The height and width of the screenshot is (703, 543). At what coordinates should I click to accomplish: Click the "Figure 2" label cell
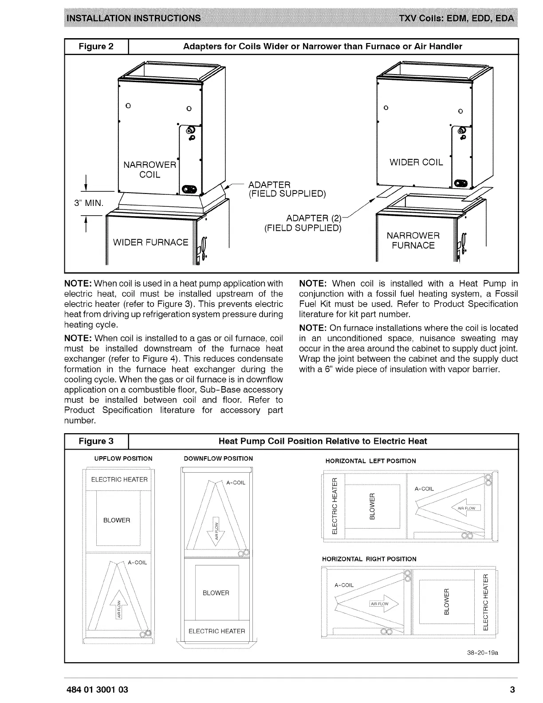click(96, 47)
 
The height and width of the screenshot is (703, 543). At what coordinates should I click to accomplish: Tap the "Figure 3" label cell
click(96, 441)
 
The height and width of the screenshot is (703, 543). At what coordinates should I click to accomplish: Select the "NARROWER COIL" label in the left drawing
click(150, 170)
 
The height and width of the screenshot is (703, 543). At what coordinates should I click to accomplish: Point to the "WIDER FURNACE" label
click(151, 242)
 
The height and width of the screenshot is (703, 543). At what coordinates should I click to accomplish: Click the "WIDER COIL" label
click(416, 162)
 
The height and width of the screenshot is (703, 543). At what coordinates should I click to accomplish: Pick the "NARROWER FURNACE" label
click(413, 241)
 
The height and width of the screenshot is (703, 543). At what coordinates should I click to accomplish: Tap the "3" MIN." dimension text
click(89, 203)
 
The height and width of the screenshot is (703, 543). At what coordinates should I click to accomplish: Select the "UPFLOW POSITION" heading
click(123, 458)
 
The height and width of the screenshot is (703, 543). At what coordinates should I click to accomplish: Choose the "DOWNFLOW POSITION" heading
click(218, 458)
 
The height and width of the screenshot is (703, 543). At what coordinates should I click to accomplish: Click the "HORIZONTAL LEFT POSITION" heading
click(371, 461)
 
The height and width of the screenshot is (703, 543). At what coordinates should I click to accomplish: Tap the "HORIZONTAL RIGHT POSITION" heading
click(369, 559)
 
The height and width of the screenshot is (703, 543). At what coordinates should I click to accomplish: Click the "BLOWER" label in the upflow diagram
click(117, 520)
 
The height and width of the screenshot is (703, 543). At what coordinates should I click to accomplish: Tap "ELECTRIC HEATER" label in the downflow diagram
click(216, 631)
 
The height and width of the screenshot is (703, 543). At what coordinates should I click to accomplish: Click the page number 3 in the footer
click(512, 690)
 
